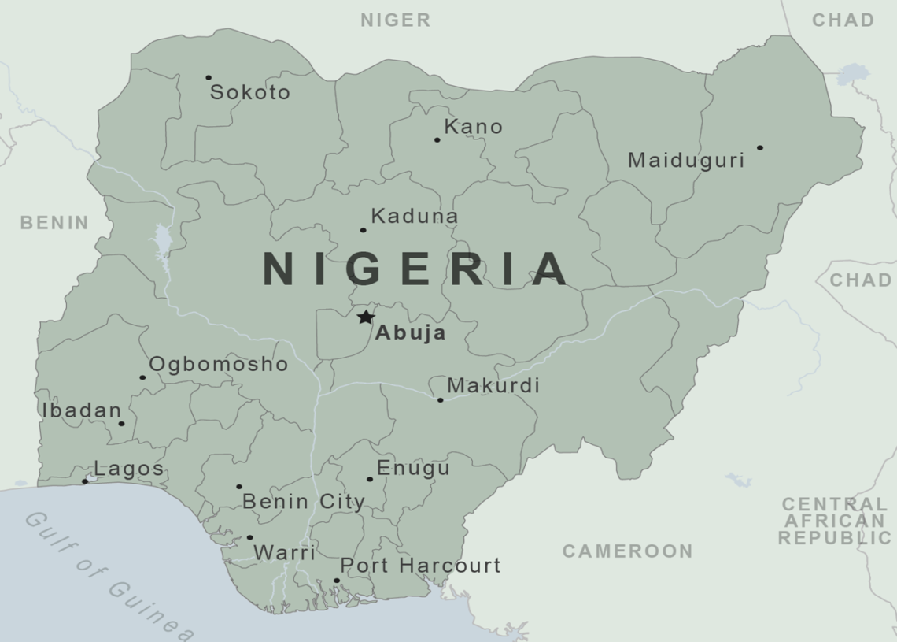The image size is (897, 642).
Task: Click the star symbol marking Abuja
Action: point(365,317)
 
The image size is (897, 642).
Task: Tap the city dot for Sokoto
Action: point(209,77)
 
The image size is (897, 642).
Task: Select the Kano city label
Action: point(473,126)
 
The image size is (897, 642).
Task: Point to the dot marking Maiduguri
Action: point(759,147)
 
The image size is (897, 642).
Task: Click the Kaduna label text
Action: point(415,216)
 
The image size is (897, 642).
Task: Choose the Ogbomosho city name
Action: point(219,365)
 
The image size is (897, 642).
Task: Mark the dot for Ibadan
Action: point(121,424)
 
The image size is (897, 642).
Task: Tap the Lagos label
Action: point(129,469)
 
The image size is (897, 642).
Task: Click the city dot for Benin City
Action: point(239,486)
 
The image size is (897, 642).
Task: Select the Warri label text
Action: point(284,553)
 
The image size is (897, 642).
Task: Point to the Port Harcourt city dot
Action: point(336,581)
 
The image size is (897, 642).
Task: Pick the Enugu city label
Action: point(413,468)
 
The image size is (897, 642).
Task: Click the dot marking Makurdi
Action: point(440,400)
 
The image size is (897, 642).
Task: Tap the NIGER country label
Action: point(396,20)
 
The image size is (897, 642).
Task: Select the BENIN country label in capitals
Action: point(54,223)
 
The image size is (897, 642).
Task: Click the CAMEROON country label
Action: point(627,551)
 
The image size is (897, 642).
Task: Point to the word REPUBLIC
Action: point(835,538)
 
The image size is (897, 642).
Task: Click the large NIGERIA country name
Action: point(415,269)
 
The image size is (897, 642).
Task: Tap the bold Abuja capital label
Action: point(410,333)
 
